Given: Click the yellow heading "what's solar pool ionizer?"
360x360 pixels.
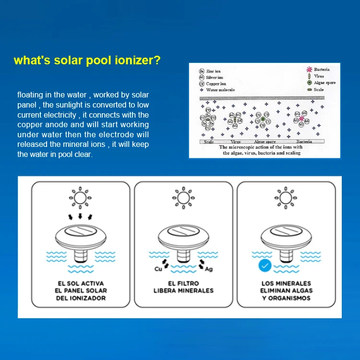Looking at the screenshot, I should [x=87, y=60].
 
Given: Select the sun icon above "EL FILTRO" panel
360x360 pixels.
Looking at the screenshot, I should [x=182, y=197].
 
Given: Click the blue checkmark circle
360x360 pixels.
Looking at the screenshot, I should [x=265, y=265].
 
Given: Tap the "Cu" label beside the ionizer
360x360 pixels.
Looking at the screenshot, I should [x=158, y=269].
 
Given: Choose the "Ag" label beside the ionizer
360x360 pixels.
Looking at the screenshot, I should [x=208, y=269].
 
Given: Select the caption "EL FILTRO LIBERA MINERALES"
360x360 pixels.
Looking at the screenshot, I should [x=183, y=287].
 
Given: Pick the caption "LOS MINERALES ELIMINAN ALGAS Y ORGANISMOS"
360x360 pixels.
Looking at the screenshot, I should [x=286, y=290].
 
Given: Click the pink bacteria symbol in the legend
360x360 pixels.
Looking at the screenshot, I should [x=309, y=70].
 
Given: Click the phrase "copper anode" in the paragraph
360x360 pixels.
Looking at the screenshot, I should [x=37, y=125].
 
